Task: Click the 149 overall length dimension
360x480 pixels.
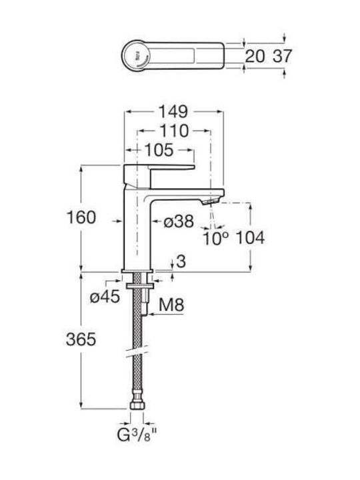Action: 173,112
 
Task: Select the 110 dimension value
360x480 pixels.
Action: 174,131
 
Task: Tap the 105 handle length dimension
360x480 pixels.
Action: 159,150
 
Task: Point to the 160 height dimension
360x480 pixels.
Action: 81,217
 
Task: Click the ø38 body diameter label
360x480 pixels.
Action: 179,221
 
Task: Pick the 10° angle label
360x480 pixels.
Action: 215,238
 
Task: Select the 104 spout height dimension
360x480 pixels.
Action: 251,237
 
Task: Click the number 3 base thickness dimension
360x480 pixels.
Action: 181,261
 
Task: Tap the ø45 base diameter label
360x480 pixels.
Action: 105,296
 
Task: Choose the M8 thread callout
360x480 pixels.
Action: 171,305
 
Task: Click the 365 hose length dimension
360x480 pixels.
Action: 81,339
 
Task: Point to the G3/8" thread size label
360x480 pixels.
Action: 137,435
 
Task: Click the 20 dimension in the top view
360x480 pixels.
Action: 255,56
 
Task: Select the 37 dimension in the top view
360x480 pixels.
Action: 283,56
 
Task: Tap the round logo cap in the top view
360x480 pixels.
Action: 137,56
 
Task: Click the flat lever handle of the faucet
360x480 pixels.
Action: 159,167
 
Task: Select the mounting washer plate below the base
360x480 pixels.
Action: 139,286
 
